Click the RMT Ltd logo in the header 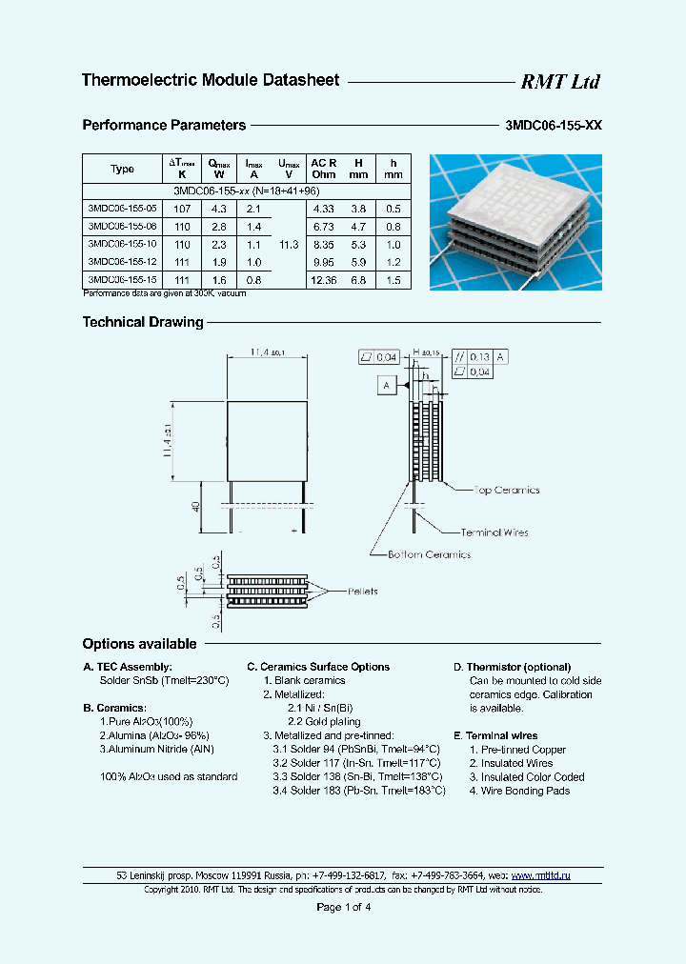tap(559, 82)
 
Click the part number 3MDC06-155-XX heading tap(552, 125)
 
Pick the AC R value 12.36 tap(323, 280)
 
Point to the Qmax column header tap(218, 169)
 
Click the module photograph tap(514, 221)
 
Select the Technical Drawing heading tap(143, 322)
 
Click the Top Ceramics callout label tap(506, 491)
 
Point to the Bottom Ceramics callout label tap(429, 554)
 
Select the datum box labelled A tap(387, 385)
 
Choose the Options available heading tap(139, 644)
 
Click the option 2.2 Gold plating tap(324, 722)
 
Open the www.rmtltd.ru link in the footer tap(541, 874)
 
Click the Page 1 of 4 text tap(343, 907)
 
